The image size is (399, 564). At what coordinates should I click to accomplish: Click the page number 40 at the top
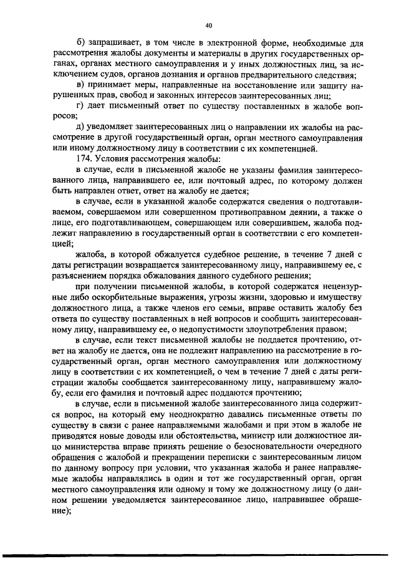pyautogui.click(x=208, y=26)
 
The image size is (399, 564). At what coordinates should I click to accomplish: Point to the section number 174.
pyautogui.click(x=84, y=160)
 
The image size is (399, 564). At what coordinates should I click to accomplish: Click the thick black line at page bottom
pyautogui.click(x=199, y=553)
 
